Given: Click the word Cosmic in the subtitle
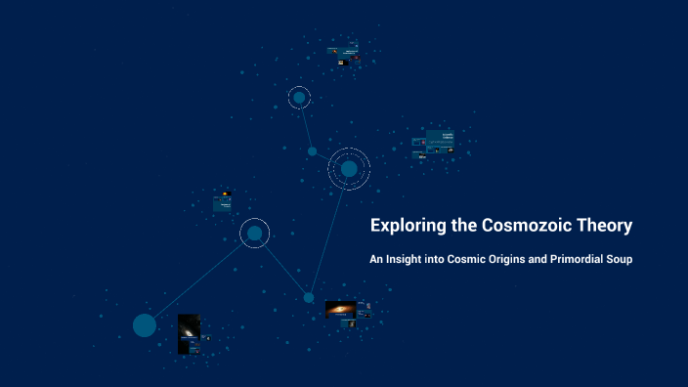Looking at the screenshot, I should tap(471, 260).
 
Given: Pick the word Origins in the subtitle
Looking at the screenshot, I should tap(520, 261).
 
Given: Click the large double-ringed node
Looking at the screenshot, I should tap(349, 169).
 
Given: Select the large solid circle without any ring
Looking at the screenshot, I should tap(145, 325).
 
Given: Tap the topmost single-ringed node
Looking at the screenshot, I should tap(299, 97).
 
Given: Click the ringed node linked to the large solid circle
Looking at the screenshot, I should tap(254, 233).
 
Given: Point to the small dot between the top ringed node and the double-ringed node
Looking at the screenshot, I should tap(313, 151).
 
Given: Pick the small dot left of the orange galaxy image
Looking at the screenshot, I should tap(309, 297).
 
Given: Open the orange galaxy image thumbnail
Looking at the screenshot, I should tap(340, 309).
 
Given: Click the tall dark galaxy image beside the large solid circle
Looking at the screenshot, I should tap(188, 333).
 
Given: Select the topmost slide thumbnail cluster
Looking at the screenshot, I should tap(344, 55).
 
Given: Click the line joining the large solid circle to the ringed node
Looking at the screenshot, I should tap(198, 279).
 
